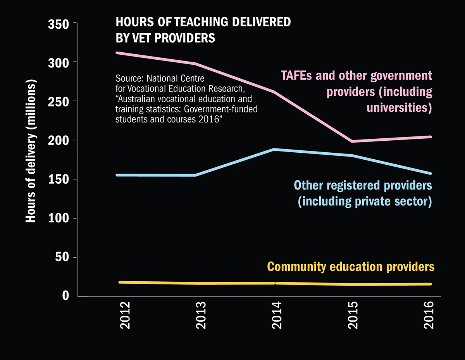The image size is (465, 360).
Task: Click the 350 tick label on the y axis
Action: pyautogui.click(x=59, y=24)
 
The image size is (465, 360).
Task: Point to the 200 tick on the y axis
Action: pyautogui.click(x=59, y=140)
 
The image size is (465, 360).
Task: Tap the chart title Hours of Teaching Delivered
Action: pyautogui.click(x=203, y=22)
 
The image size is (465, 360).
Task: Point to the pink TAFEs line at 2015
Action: pyautogui.click(x=353, y=141)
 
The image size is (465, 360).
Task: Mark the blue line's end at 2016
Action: pyautogui.click(x=430, y=173)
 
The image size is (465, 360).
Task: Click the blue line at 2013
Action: pyautogui.click(x=195, y=175)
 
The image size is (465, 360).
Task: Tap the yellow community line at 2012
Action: pyautogui.click(x=120, y=282)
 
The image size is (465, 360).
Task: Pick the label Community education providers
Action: pyautogui.click(x=351, y=267)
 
